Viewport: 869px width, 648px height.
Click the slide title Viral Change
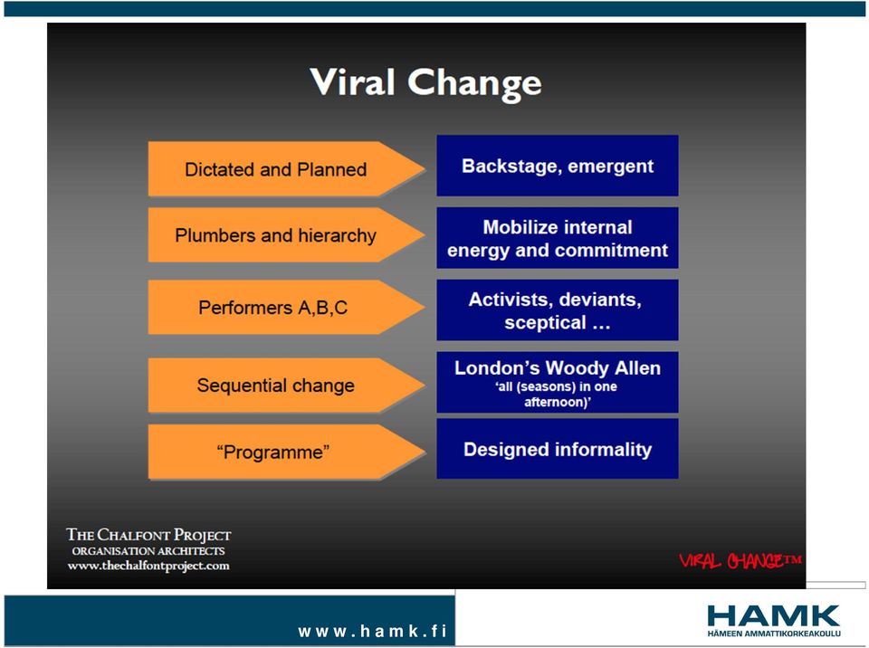click(425, 83)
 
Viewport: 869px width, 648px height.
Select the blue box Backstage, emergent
click(558, 166)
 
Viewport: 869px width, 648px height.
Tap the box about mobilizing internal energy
click(558, 238)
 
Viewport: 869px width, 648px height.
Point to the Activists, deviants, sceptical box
click(558, 310)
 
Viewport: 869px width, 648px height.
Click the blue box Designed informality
click(558, 449)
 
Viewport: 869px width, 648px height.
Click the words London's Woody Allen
click(558, 368)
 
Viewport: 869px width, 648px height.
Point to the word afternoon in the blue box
click(555, 402)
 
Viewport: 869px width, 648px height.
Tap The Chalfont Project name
click(148, 535)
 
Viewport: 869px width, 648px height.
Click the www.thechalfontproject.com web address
click(148, 566)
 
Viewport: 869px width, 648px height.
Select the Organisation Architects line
click(148, 551)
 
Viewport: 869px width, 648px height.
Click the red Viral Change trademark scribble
click(740, 560)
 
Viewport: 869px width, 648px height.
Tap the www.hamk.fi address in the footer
click(372, 631)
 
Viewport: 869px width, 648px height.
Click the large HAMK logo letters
click(774, 616)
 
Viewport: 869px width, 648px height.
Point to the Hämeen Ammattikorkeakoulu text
click(774, 634)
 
